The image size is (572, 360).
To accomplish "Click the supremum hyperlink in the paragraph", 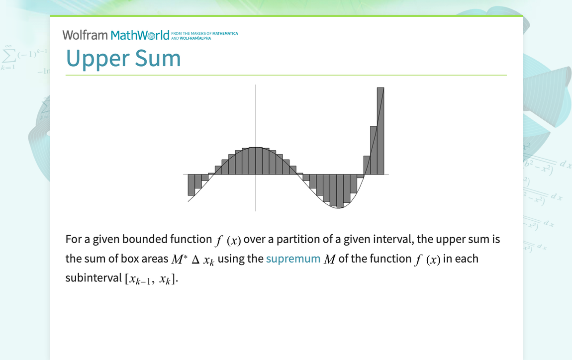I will [x=293, y=259].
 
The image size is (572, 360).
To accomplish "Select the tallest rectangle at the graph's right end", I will [x=380, y=130].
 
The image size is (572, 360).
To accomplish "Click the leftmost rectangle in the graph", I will [x=191, y=184].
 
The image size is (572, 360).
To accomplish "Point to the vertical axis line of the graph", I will [x=256, y=124].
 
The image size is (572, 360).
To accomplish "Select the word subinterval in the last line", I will [x=94, y=278].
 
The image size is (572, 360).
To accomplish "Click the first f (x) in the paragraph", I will [x=228, y=240].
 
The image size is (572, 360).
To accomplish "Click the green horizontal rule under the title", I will [x=286, y=75].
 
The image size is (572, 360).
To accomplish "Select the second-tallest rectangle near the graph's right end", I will [x=374, y=150].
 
